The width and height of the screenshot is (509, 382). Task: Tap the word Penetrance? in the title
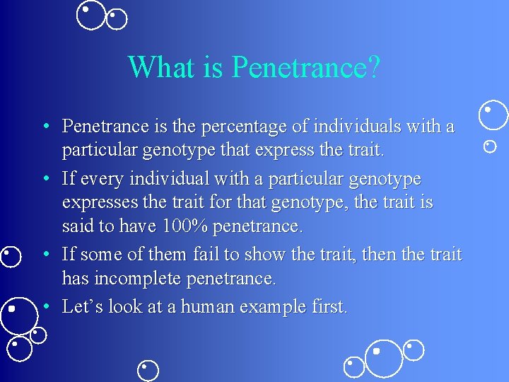(x=306, y=67)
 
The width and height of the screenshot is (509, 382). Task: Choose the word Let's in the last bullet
(x=82, y=306)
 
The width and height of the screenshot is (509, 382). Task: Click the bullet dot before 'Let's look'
(x=45, y=306)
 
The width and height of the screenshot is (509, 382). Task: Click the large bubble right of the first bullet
(x=493, y=115)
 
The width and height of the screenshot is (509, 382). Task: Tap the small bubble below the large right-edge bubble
(x=489, y=146)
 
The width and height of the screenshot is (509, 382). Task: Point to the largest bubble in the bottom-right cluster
(x=384, y=358)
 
